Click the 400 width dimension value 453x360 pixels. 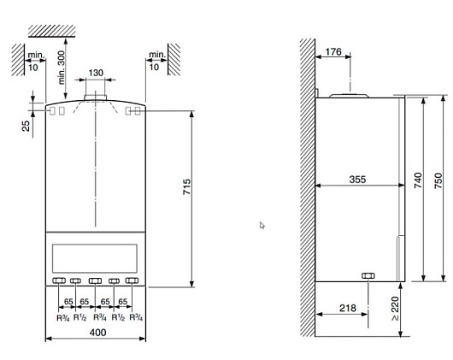tap(97, 333)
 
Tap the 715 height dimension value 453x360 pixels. tap(187, 186)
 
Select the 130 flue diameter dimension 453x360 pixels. tap(96, 73)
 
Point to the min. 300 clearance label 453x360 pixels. tap(62, 68)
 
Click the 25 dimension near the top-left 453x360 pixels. tap(26, 126)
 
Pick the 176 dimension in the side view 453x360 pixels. tap(333, 51)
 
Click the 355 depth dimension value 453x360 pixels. tap(357, 180)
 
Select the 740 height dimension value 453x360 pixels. tap(418, 180)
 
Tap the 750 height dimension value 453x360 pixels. tap(438, 180)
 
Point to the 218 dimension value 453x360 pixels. tap(348, 308)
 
